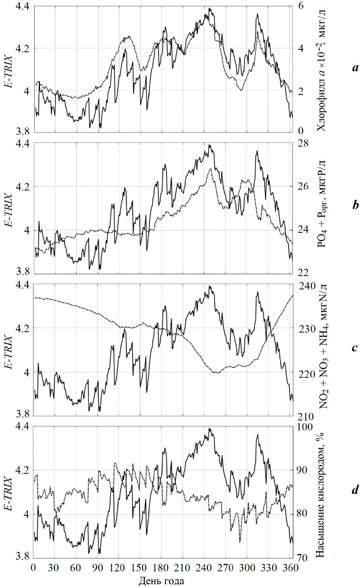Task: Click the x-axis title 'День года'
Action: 161,580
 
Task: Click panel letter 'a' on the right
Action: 355,68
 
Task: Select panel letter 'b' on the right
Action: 355,205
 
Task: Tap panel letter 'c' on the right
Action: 355,347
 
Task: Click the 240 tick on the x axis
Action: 203,568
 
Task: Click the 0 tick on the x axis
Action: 33,568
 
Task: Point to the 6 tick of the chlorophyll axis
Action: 300,5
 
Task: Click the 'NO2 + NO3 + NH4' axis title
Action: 325,346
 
